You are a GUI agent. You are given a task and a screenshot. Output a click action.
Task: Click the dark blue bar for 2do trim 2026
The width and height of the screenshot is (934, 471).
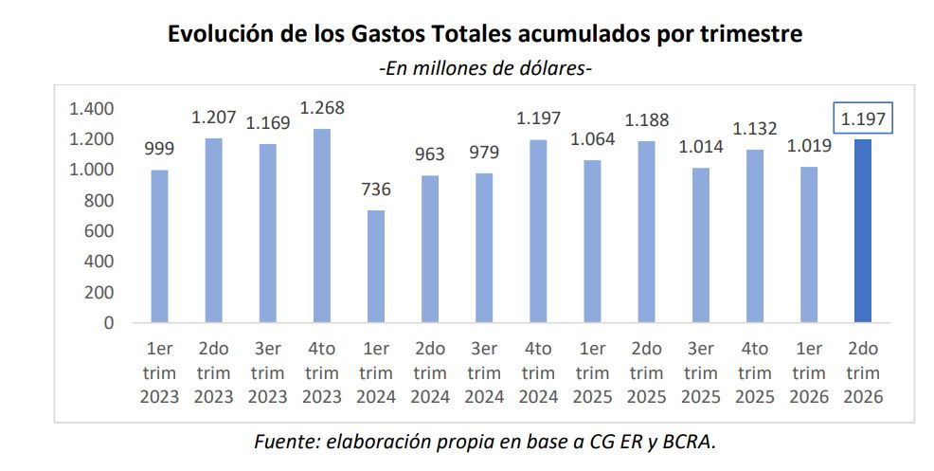(863, 231)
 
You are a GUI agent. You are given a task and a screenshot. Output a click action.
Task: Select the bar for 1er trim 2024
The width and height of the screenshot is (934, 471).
(376, 266)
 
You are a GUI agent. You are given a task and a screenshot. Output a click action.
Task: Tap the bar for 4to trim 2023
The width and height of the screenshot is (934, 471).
(322, 226)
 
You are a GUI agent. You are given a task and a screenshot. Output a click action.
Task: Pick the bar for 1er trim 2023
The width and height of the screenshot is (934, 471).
(160, 246)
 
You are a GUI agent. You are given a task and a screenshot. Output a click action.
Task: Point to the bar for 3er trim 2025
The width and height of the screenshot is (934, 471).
(701, 245)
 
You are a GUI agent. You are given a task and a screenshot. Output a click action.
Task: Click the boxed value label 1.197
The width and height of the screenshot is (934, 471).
(863, 119)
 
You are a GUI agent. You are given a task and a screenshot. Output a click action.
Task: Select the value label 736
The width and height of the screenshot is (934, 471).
(376, 190)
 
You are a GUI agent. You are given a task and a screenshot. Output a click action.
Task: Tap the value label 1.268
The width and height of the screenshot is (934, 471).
(322, 108)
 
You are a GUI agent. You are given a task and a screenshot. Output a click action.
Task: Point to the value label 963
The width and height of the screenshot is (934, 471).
(430, 154)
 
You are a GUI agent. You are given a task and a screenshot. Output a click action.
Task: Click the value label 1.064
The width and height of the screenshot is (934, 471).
(592, 139)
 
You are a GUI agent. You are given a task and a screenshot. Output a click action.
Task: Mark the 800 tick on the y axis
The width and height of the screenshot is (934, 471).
(99, 200)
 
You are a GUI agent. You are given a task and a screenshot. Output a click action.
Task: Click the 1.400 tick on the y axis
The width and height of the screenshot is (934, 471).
(91, 108)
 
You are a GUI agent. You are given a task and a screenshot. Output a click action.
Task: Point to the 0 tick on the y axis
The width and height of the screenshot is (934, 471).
(108, 323)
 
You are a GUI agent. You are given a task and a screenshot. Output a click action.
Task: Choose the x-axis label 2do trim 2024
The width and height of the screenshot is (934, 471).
(430, 372)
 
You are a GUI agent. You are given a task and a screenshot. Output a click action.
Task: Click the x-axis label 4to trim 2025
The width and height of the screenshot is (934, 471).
(755, 372)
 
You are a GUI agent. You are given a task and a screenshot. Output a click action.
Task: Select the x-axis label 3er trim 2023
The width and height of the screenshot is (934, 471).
(267, 372)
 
